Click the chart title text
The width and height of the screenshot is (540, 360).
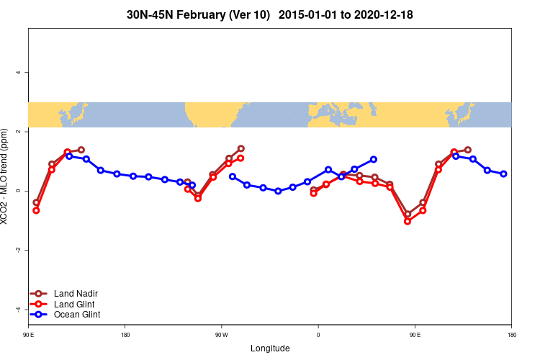pos(269,14)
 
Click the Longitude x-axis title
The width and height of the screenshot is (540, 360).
pos(270,348)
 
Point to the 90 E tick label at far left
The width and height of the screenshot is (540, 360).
pos(28,335)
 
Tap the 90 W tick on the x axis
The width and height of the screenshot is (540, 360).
pos(221,335)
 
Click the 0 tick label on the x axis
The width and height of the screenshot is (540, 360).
pos(318,335)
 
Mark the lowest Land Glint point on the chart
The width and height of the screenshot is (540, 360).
pos(408,221)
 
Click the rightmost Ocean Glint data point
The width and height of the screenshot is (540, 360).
pos(503,174)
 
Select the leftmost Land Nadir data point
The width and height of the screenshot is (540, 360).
pos(36,202)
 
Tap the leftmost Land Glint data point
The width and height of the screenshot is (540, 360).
pos(36,210)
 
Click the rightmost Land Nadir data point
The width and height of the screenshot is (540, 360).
pos(468,150)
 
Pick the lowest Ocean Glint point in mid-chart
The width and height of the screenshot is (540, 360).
pos(278,191)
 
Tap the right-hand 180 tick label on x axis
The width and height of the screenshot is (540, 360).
pos(511,335)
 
